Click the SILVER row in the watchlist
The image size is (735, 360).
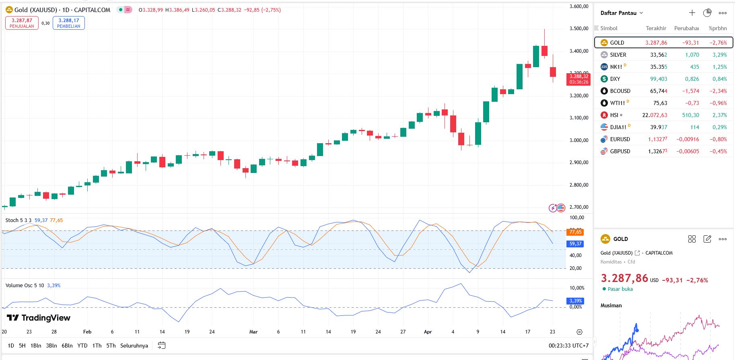(x=618, y=55)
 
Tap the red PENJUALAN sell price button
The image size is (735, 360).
(x=22, y=23)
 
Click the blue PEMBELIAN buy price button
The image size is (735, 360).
(x=68, y=23)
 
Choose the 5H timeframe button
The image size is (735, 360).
(x=22, y=346)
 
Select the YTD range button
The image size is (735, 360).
(x=82, y=346)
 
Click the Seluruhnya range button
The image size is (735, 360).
(x=134, y=346)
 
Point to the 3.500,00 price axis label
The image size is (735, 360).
(x=579, y=29)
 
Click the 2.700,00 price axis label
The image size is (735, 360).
(x=579, y=207)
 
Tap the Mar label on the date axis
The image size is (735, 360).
(x=253, y=332)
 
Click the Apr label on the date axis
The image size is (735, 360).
(x=428, y=332)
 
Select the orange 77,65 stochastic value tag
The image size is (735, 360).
(x=575, y=232)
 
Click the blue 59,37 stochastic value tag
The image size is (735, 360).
(x=575, y=244)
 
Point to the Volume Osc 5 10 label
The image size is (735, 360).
(x=25, y=285)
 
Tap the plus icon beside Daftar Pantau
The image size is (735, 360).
(x=692, y=13)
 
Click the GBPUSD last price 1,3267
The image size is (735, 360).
(x=657, y=151)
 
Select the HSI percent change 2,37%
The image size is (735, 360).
(x=719, y=115)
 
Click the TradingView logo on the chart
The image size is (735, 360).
(x=39, y=318)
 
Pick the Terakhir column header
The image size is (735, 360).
(x=656, y=28)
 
